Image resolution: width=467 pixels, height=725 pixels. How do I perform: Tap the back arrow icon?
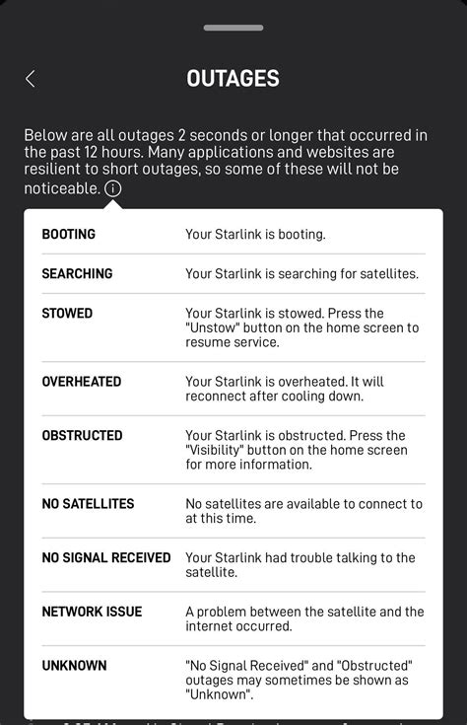pos(31,79)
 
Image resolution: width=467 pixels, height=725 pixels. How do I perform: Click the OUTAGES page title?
pos(233,79)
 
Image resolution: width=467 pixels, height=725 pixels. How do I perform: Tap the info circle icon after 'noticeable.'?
pos(113,187)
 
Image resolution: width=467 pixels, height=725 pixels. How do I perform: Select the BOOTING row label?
pos(69,235)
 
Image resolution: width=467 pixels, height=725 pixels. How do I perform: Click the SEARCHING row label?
pos(77,273)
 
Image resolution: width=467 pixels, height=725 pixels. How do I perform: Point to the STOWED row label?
pos(67,314)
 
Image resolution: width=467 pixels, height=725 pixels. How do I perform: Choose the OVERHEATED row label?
pos(82,382)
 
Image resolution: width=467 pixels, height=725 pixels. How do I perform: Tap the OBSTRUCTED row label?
pos(82,435)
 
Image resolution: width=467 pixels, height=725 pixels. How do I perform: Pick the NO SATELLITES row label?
pos(88,504)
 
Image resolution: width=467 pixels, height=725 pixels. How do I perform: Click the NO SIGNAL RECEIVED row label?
pos(106,558)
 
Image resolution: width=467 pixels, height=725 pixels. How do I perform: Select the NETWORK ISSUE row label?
pos(92,612)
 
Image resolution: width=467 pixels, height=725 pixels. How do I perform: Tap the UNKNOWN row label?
pos(74,666)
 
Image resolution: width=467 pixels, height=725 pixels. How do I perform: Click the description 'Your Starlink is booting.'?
pos(255,235)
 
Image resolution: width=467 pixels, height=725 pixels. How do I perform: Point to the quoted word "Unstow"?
pos(213,327)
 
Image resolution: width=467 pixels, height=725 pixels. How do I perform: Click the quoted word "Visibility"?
pos(216,450)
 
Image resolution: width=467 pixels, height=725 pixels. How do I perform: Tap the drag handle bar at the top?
pos(233,29)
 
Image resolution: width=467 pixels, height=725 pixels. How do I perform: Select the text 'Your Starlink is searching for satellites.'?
pos(301,273)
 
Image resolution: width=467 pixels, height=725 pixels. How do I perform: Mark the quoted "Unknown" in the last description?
pos(217,693)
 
